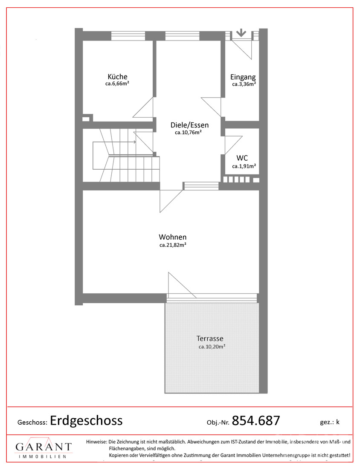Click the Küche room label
[x=117, y=77]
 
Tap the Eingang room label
[x=243, y=77]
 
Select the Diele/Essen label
[x=189, y=125]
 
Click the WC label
[x=242, y=158]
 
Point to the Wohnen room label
[x=173, y=237]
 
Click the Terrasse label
[x=210, y=339]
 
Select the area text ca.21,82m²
[x=173, y=245]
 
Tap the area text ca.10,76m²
[x=188, y=133]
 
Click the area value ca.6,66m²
[x=117, y=84]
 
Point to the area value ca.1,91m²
[x=244, y=166]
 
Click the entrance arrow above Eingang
[x=241, y=33]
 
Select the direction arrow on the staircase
[x=115, y=142]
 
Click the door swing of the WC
[x=233, y=145]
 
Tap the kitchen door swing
[x=143, y=107]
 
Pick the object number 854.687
[x=256, y=420]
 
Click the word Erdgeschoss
[x=86, y=420]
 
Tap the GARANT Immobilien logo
[x=44, y=448]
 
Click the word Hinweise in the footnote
[x=96, y=441]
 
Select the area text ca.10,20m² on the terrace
[x=212, y=347]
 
